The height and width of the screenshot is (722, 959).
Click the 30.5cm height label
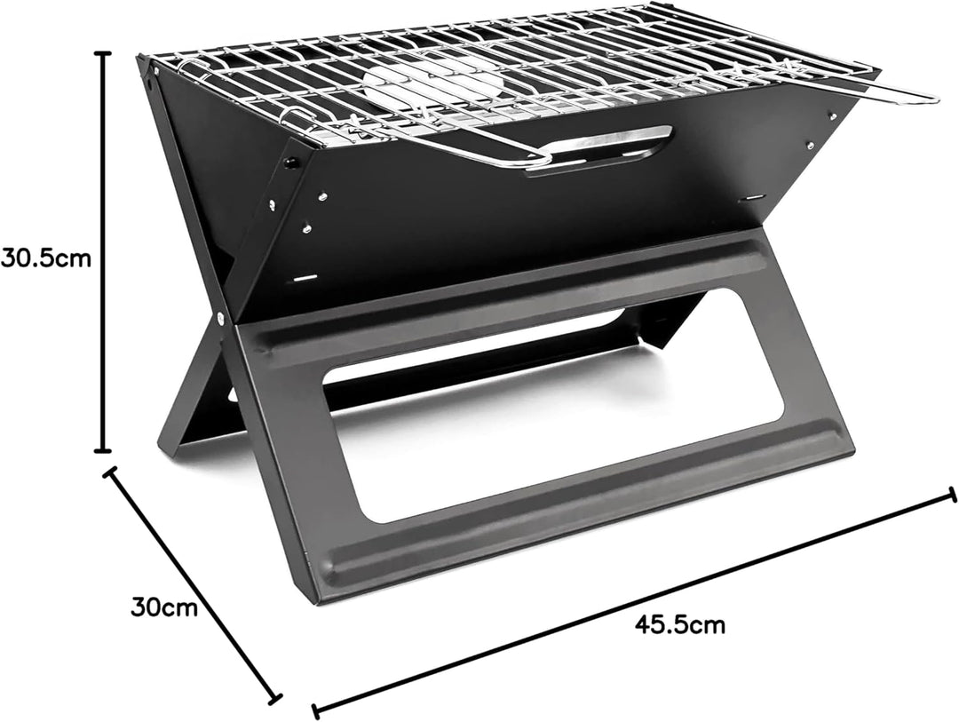click(46, 258)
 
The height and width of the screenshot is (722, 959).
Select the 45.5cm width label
click(679, 624)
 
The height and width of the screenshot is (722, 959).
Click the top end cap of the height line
click(103, 54)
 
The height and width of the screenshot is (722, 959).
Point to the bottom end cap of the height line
click(103, 450)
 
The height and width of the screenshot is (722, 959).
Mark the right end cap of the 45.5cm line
click(952, 495)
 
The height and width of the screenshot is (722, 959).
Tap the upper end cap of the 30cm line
click(111, 472)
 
